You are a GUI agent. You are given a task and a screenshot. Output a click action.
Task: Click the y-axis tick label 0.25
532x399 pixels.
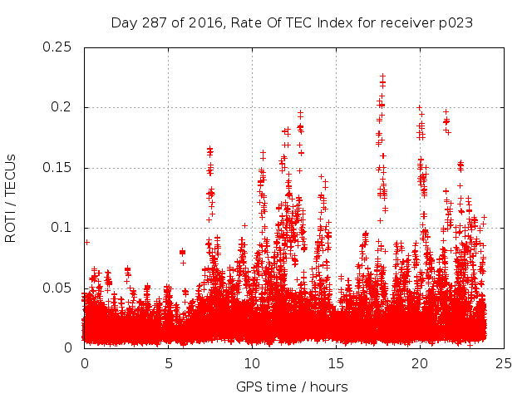(x=57, y=47)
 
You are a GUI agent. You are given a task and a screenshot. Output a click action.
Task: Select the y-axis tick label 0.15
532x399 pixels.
(x=57, y=168)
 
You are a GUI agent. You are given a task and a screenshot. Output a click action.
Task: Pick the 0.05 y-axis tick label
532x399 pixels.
(x=57, y=288)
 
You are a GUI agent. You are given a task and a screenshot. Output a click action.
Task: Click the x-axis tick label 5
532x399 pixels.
(x=168, y=363)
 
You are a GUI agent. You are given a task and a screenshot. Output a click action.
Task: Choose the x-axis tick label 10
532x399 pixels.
(x=252, y=363)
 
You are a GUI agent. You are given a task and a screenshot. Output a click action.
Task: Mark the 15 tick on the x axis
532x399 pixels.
(x=336, y=363)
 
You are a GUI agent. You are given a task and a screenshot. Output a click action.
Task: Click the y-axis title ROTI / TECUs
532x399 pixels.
(x=12, y=198)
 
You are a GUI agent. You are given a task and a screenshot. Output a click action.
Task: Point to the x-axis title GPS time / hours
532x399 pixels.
(x=292, y=387)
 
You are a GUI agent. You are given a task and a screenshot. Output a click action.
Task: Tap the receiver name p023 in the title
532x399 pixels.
(x=456, y=23)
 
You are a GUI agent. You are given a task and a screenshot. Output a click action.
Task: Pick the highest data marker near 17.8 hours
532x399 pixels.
(x=382, y=76)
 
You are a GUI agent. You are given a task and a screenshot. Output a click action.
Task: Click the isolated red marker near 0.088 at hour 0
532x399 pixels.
(x=86, y=242)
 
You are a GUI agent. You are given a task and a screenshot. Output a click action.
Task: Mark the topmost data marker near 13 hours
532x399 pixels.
(x=300, y=112)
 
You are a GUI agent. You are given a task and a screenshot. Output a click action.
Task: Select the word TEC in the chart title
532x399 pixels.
(x=299, y=23)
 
